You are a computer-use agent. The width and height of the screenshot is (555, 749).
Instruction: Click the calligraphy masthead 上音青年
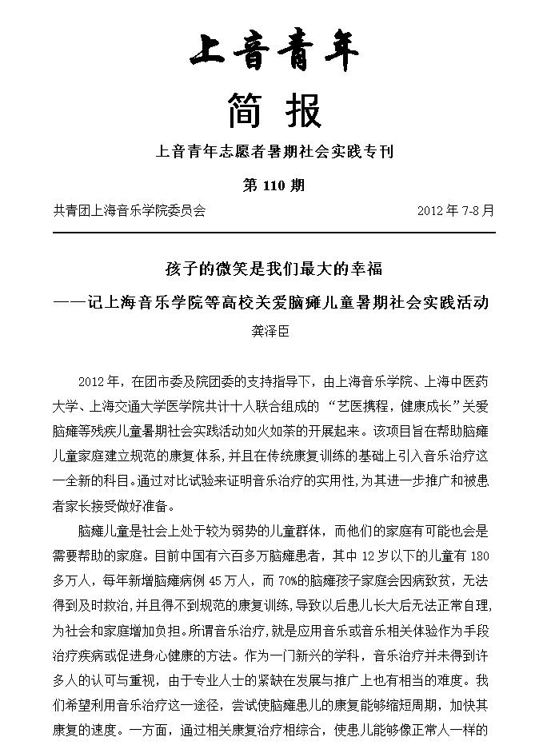click(x=274, y=53)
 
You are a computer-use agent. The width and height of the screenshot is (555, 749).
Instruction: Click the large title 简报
click(x=274, y=110)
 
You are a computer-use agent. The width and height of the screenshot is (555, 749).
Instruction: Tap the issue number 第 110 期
click(x=274, y=185)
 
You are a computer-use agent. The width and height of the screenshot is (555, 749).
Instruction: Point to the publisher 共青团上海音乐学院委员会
click(x=130, y=211)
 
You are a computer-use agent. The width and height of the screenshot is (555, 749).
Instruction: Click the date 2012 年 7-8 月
click(x=456, y=211)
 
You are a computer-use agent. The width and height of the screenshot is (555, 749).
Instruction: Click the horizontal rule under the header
click(x=274, y=233)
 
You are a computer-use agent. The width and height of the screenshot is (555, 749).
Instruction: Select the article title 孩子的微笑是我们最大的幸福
click(x=274, y=269)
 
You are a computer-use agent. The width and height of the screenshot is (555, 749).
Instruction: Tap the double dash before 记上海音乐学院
click(x=69, y=304)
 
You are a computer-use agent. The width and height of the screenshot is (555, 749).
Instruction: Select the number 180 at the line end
click(x=477, y=554)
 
